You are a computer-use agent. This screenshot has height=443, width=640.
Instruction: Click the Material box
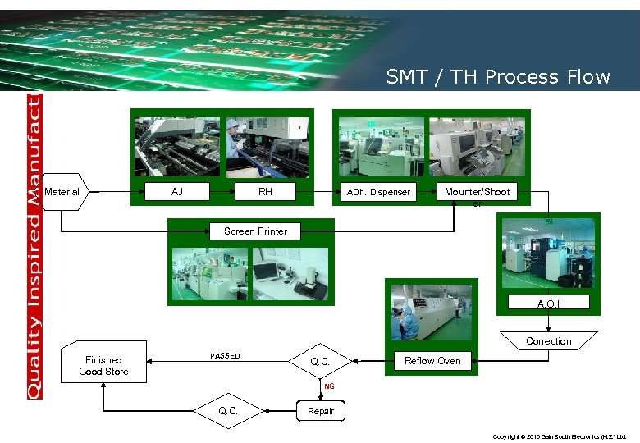(x=64, y=192)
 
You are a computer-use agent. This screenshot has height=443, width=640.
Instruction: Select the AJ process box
(x=177, y=192)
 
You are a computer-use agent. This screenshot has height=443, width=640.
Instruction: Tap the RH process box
(x=265, y=192)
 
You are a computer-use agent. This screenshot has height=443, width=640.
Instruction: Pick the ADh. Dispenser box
(x=378, y=193)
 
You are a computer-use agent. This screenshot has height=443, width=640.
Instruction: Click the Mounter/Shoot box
(x=477, y=192)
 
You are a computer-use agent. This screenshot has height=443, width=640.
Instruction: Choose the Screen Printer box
(x=256, y=231)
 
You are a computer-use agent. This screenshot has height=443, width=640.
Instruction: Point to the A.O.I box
(x=549, y=304)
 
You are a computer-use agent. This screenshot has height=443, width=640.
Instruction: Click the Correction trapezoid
(x=549, y=340)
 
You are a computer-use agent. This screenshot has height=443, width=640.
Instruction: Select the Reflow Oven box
(x=432, y=361)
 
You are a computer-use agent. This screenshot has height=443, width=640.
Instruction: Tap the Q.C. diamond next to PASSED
(x=321, y=361)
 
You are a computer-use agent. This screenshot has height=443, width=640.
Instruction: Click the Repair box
(x=321, y=411)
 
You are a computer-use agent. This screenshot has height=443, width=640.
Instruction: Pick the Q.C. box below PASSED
(x=228, y=411)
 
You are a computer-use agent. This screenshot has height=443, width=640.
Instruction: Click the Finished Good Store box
(x=103, y=365)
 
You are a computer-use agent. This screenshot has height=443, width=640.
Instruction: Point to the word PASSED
(x=226, y=356)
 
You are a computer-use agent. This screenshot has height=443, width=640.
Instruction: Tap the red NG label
(x=329, y=386)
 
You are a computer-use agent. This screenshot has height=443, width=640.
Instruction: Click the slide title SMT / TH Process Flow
(x=498, y=77)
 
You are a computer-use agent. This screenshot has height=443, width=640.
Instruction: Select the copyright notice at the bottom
(x=560, y=437)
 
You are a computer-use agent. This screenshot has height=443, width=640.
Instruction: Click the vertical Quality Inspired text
(x=34, y=246)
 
